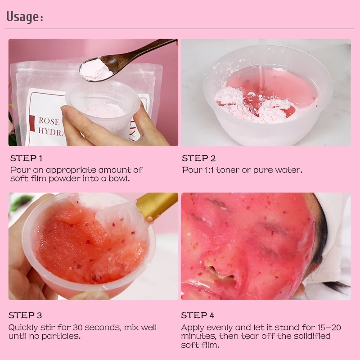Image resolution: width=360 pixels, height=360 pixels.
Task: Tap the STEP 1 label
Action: coord(26,158)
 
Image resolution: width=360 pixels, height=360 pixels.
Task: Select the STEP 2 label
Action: coord(198,158)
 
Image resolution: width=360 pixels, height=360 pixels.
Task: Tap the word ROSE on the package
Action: coord(49,121)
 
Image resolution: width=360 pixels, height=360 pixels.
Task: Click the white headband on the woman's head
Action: coord(335,234)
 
